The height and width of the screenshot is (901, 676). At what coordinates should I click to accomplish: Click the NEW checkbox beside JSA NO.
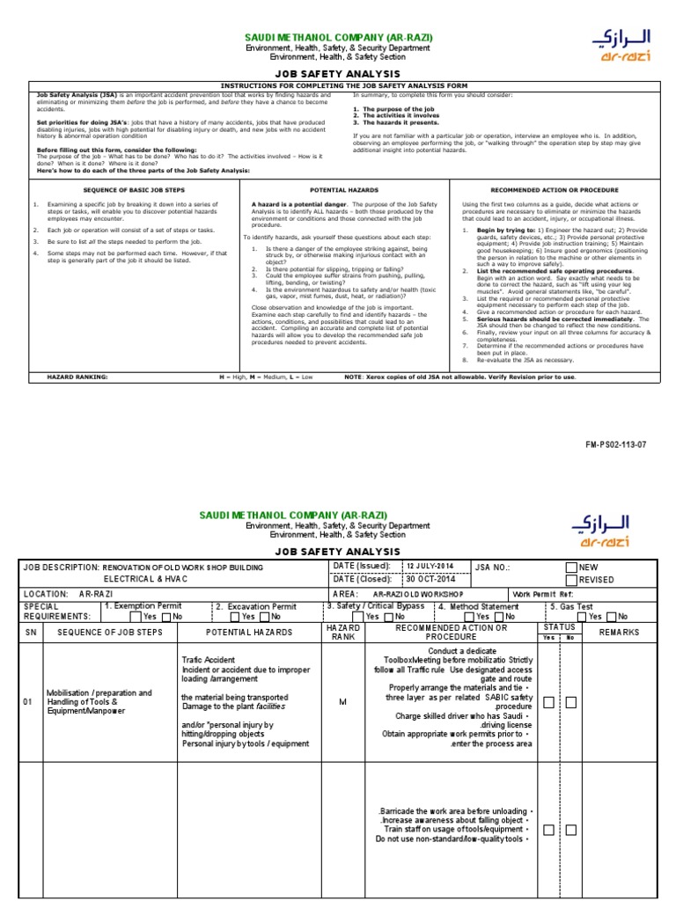tap(572, 568)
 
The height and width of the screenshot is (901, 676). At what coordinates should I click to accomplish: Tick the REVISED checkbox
tap(572, 581)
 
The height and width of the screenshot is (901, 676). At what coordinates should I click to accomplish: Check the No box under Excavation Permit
tap(263, 617)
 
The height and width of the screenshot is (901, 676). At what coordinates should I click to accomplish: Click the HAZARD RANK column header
tap(343, 633)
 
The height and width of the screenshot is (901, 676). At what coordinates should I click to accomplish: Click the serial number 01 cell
tap(28, 702)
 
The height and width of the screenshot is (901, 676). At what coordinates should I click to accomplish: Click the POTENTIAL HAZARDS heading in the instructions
tap(344, 189)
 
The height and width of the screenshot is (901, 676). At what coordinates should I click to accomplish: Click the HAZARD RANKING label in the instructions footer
tap(79, 377)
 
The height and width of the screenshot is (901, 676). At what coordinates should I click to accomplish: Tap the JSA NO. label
tap(492, 568)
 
